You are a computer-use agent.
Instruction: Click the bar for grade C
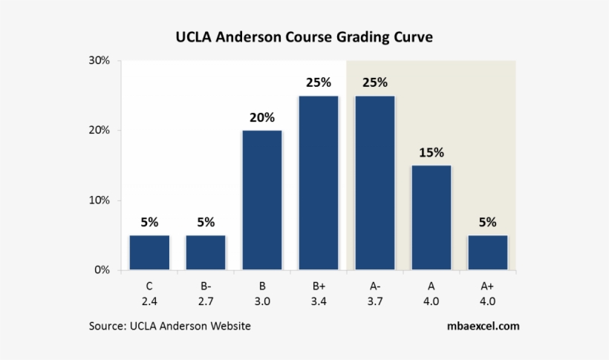pos(149,252)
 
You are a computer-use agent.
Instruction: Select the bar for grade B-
pos(206,252)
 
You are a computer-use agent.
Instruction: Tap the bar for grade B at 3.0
pos(262,200)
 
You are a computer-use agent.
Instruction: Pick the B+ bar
pos(319,183)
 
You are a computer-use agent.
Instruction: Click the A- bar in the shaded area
pos(375,183)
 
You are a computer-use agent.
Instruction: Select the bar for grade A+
pos(488,252)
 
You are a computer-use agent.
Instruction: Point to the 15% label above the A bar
pos(431,153)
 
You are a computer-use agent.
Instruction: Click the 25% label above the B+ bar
pos(319,83)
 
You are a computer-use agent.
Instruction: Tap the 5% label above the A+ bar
pos(488,222)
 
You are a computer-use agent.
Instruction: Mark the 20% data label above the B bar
pos(262,117)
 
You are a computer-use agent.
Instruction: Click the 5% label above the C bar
pos(149,222)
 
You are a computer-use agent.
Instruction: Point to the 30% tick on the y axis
pos(99,61)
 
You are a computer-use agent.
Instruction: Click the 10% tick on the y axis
pos(99,200)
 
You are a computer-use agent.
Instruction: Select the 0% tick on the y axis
pos(102,270)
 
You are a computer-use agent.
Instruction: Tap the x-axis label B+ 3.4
pos(319,294)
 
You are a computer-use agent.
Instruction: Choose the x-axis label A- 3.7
pos(375,294)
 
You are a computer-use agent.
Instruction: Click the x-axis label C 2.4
pos(149,294)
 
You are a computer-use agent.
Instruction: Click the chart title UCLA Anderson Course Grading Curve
pos(304,36)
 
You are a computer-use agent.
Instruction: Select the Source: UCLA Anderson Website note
pos(170,326)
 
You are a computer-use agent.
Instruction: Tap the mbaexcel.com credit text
pos(483,326)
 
